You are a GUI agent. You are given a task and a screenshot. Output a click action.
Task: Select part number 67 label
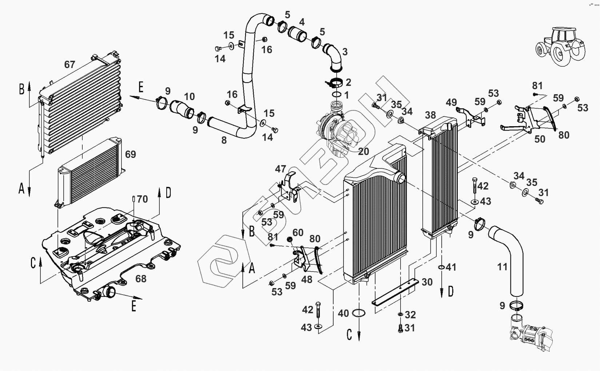pos(69,65)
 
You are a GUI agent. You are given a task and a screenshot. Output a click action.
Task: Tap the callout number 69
pos(130,154)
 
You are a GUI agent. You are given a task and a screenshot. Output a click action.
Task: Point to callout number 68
pos(140,279)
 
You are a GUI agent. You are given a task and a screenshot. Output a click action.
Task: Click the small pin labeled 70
pos(134,199)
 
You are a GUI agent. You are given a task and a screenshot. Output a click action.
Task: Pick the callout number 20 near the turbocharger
pos(363,152)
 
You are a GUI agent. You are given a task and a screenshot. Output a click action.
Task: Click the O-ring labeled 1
pos(337,95)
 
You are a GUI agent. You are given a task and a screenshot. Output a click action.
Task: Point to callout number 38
pos(430,115)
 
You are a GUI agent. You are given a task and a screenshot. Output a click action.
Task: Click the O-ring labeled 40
pos(359,313)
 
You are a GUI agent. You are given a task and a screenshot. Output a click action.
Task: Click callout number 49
pos(451,102)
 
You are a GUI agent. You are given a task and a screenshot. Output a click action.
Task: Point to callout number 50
pos(540,139)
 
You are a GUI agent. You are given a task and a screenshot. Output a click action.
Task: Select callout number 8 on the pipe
pos(224,140)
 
